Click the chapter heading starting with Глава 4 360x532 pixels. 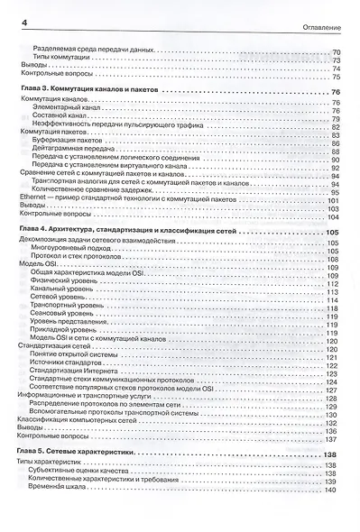coord(127,232)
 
